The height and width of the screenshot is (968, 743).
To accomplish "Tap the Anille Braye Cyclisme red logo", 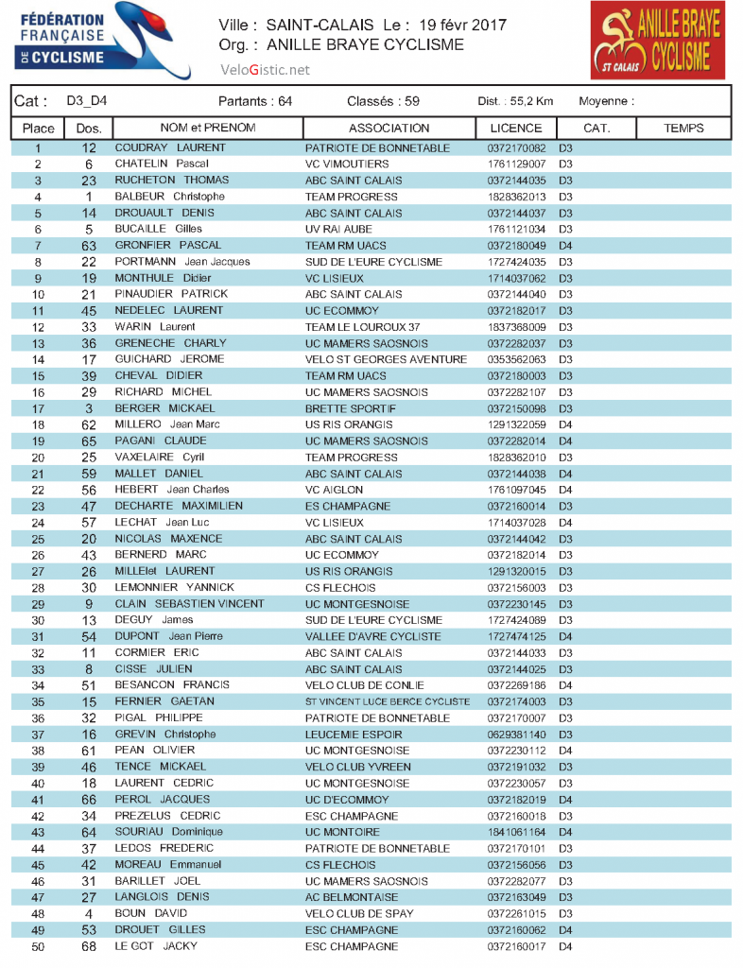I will click(657, 41).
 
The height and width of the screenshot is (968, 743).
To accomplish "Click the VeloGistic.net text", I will click(265, 70).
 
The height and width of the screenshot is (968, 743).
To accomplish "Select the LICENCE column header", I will click(516, 129).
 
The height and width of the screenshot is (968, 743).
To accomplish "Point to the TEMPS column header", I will click(683, 129).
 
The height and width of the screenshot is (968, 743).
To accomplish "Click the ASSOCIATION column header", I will click(389, 129).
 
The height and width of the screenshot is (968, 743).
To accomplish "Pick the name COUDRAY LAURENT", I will click(170, 148).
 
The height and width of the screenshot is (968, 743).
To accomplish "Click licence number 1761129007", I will click(517, 164).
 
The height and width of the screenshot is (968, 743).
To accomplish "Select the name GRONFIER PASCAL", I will click(169, 246).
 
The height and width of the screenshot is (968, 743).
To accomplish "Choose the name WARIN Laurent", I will click(155, 327).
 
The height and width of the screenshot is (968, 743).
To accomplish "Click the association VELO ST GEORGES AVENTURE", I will click(386, 359).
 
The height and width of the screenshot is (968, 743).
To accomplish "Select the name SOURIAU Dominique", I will click(169, 832).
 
